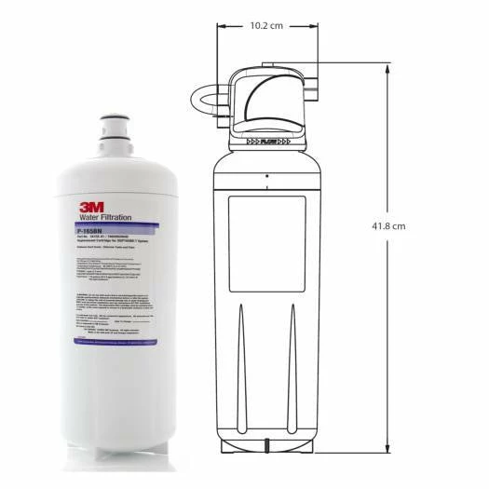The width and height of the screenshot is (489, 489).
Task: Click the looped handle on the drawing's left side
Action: pyautogui.click(x=206, y=104)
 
